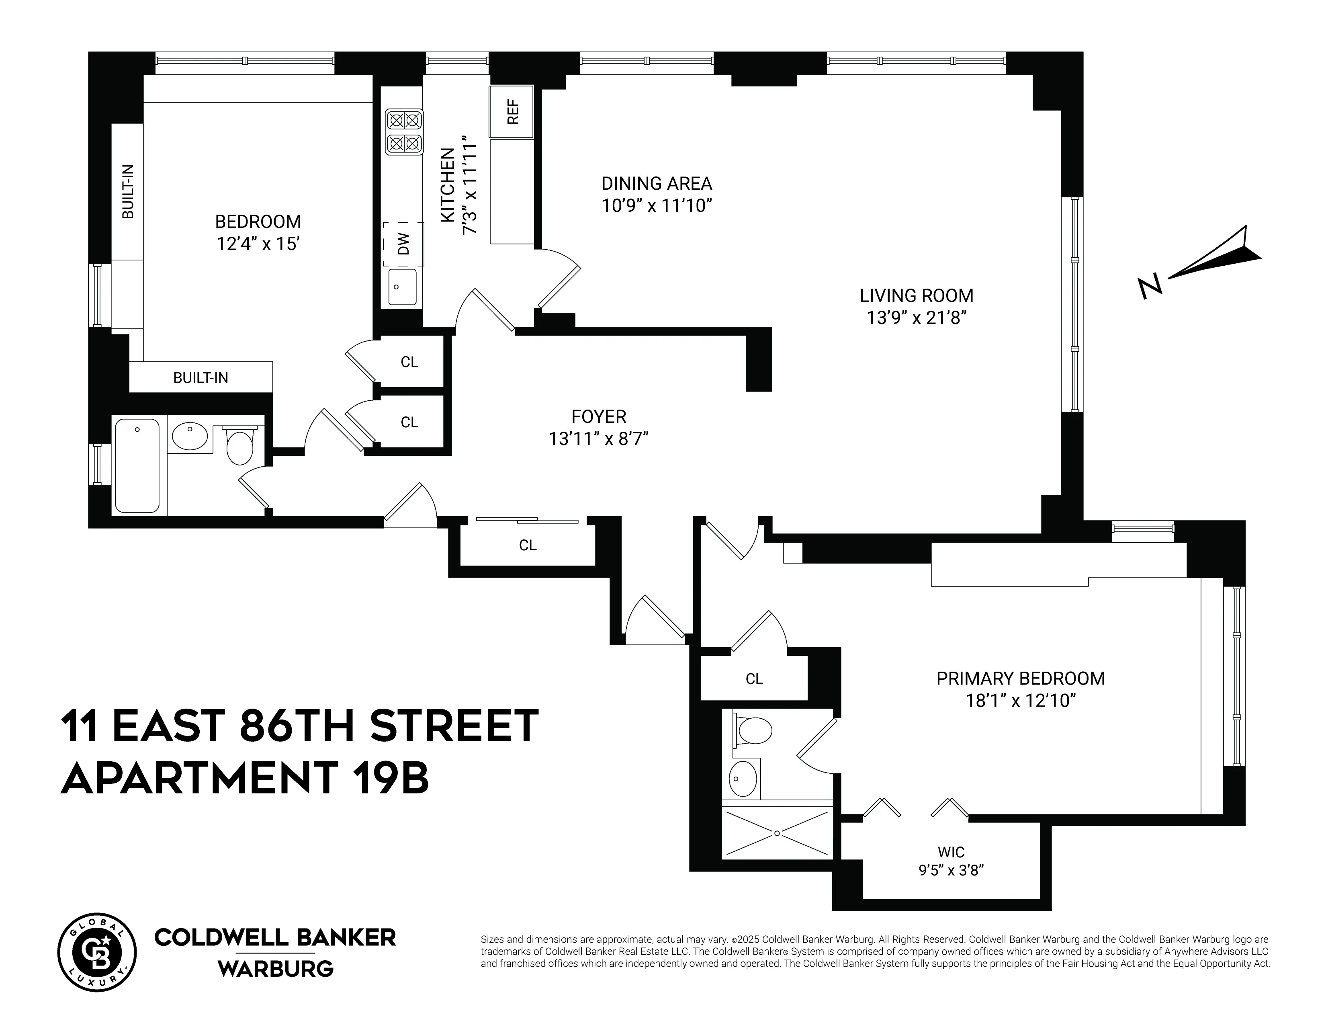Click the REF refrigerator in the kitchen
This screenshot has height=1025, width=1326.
512,112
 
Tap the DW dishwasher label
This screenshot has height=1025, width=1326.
403,244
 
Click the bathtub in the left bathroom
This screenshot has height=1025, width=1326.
137,465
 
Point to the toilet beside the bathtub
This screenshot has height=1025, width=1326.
240,447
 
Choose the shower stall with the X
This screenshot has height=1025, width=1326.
777,833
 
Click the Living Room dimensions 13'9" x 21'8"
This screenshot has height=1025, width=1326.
916,318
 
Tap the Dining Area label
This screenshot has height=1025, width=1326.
656,183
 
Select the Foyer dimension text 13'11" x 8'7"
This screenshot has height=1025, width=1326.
599,439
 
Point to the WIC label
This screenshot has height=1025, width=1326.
951,852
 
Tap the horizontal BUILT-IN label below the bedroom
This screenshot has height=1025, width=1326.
201,378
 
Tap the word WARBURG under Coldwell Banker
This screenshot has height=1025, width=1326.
276,969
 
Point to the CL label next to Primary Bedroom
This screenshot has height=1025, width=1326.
754,679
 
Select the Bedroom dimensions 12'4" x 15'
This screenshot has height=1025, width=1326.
258,244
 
